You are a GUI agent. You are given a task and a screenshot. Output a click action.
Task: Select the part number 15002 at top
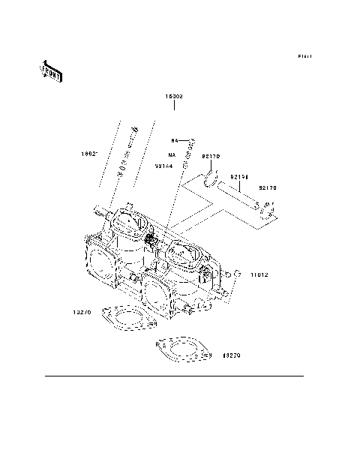(x=175, y=97)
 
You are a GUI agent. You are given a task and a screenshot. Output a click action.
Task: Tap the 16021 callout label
(x=91, y=155)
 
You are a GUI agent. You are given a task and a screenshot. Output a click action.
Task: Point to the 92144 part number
(x=165, y=166)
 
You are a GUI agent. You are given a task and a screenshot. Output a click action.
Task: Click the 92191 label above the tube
(x=239, y=178)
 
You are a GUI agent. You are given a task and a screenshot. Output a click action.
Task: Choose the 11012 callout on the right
(x=260, y=275)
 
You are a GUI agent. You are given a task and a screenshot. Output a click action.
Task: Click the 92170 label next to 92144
(x=210, y=156)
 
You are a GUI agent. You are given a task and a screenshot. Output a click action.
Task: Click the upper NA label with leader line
(x=174, y=140)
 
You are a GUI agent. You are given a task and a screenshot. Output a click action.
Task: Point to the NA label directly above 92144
(x=160, y=154)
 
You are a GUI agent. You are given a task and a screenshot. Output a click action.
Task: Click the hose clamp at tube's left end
(x=211, y=179)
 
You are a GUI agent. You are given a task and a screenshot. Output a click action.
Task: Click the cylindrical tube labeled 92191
(x=237, y=196)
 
